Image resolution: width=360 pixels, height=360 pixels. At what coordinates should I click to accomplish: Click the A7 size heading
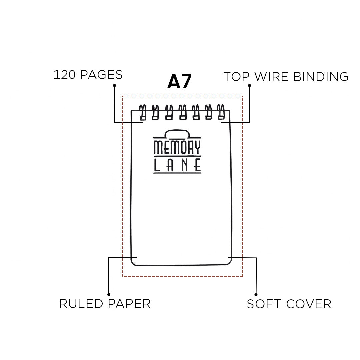(x=179, y=82)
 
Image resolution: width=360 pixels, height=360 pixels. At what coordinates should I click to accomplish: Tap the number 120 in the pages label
(x=65, y=75)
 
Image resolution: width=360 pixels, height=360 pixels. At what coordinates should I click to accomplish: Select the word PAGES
(x=101, y=75)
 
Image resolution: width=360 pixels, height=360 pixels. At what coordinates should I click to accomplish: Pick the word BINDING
(x=321, y=77)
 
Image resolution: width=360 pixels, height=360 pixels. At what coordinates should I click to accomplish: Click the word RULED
(x=82, y=304)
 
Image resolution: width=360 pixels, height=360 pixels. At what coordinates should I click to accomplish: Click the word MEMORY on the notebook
(x=177, y=147)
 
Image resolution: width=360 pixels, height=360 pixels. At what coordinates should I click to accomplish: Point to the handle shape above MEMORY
(x=177, y=134)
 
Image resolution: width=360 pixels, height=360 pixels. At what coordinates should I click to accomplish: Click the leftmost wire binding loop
(x=142, y=112)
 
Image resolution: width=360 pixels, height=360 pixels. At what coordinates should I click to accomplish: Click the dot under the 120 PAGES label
(x=114, y=85)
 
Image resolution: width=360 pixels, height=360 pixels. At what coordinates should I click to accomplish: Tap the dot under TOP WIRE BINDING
(x=249, y=85)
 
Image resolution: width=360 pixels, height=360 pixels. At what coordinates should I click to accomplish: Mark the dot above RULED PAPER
(x=109, y=294)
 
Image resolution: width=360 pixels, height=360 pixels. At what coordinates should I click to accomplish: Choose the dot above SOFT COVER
(x=256, y=295)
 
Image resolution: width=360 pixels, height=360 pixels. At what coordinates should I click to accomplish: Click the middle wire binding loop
(x=182, y=112)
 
